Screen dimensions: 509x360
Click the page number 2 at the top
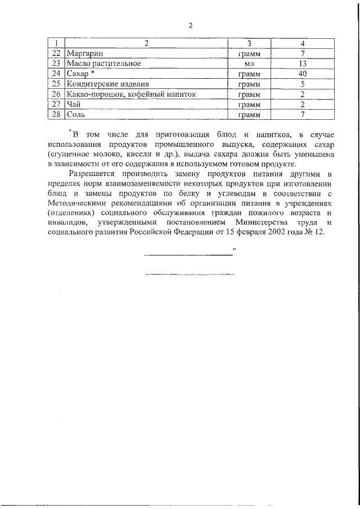tap(191, 25)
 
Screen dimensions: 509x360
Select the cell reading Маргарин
tap(85, 53)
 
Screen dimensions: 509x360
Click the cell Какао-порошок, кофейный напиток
tap(130, 94)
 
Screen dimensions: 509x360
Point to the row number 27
tap(56, 104)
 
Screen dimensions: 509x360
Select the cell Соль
tap(76, 115)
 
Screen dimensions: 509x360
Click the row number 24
tap(56, 73)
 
